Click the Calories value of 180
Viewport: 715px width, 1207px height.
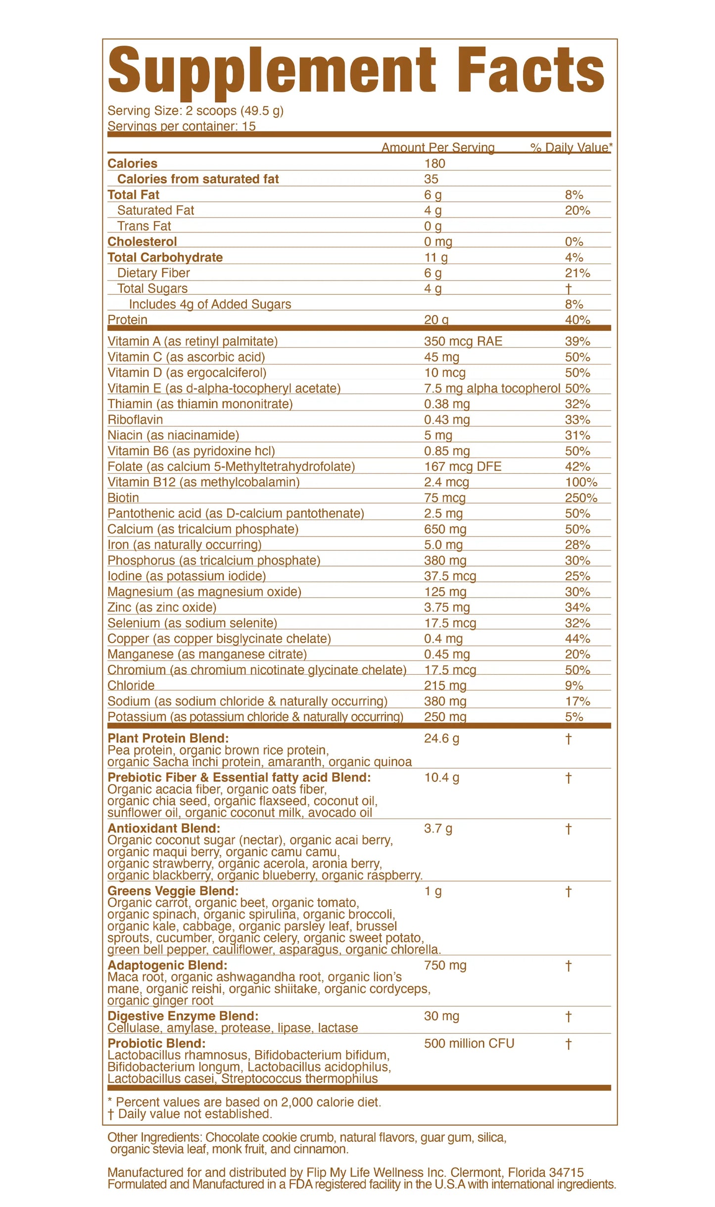(434, 164)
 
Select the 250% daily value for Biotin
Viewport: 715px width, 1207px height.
(581, 498)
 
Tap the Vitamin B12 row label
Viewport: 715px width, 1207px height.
(203, 482)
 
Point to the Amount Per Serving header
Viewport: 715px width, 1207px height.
(438, 147)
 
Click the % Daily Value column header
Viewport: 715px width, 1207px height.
(571, 147)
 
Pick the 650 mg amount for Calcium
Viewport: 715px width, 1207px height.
(445, 529)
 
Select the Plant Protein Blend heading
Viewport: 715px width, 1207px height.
(168, 739)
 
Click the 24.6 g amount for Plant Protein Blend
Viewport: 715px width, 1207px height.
(441, 739)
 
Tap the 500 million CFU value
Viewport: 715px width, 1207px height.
(469, 1043)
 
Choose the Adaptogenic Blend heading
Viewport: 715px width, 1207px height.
(167, 965)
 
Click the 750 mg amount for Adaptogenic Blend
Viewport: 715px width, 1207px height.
(445, 965)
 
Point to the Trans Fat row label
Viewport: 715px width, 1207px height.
(144, 226)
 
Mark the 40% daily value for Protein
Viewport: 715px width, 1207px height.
(577, 320)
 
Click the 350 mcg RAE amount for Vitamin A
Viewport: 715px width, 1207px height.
(463, 341)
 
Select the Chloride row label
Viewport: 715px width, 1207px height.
(131, 686)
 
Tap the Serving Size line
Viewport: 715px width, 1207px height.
(195, 110)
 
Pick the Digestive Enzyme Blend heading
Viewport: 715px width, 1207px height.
(183, 1016)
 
